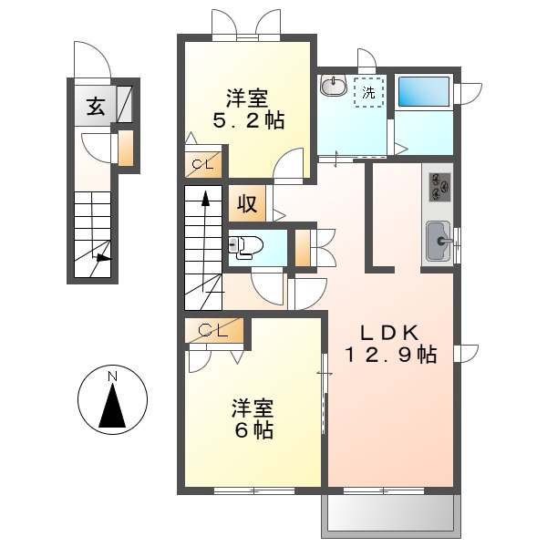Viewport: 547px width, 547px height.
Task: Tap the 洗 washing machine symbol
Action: (369, 91)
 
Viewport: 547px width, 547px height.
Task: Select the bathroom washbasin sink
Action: (333, 87)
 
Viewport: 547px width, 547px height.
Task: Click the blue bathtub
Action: (424, 92)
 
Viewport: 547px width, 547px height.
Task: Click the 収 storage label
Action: (246, 203)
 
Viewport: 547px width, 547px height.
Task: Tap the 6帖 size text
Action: (253, 431)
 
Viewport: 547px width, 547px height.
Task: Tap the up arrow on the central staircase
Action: (206, 198)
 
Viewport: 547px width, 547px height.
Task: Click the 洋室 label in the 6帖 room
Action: (253, 408)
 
